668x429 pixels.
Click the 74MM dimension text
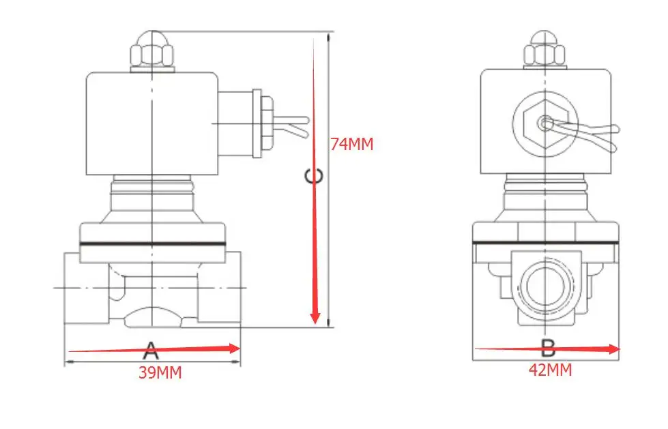tap(352, 144)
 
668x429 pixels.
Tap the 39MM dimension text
tap(160, 373)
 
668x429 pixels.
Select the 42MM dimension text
tap(551, 370)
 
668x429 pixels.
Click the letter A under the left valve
tap(151, 351)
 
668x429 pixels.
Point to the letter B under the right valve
tap(549, 349)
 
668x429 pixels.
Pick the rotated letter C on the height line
tap(314, 176)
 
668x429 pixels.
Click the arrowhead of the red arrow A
tap(235, 348)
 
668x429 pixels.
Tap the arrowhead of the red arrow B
tap(614, 349)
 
